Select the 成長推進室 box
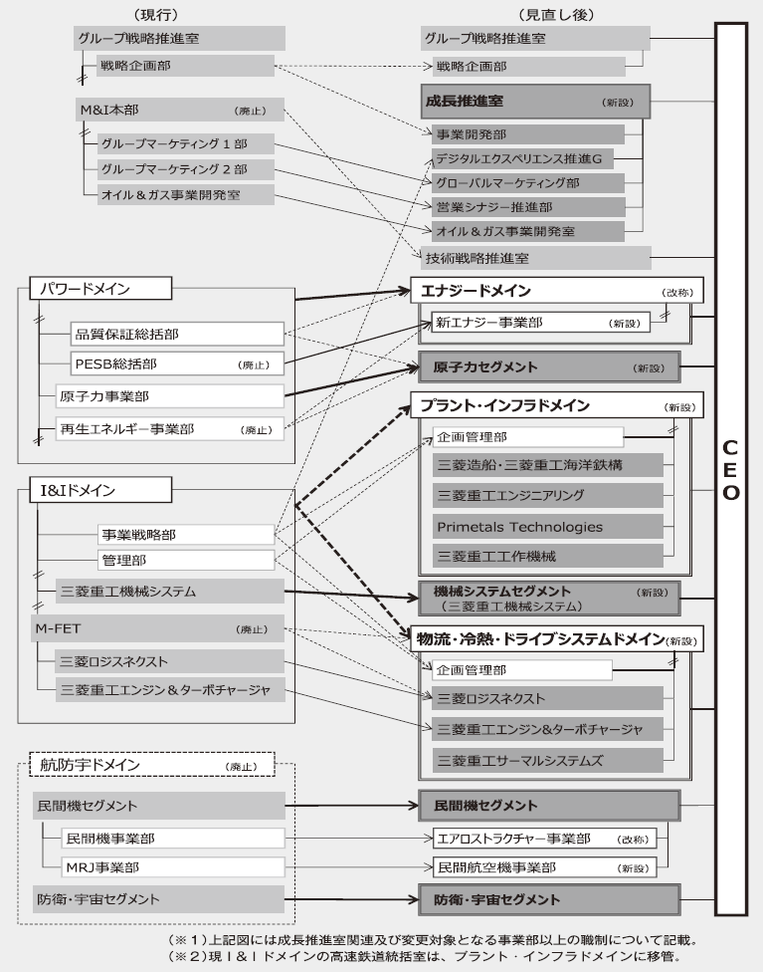535,102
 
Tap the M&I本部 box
180,110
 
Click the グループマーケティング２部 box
186,169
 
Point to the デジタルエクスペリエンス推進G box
527,158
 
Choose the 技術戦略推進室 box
535,257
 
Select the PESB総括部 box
178,363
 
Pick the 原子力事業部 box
170,395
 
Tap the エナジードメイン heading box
557,291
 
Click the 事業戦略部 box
185,534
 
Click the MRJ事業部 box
170,865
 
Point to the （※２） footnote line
422,957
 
